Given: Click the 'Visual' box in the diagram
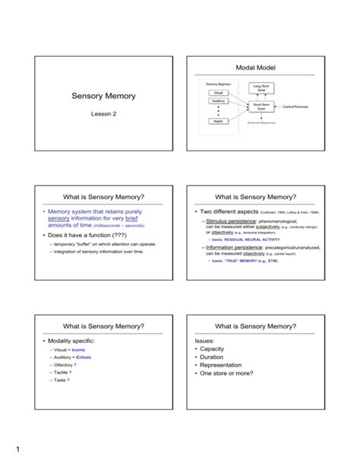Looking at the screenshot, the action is [219, 94].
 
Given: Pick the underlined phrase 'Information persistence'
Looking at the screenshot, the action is [235, 247].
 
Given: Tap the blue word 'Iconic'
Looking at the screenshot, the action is [90, 350].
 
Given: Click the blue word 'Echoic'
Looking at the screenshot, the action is [93, 357].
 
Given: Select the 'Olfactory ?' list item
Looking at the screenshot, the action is [69, 366].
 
